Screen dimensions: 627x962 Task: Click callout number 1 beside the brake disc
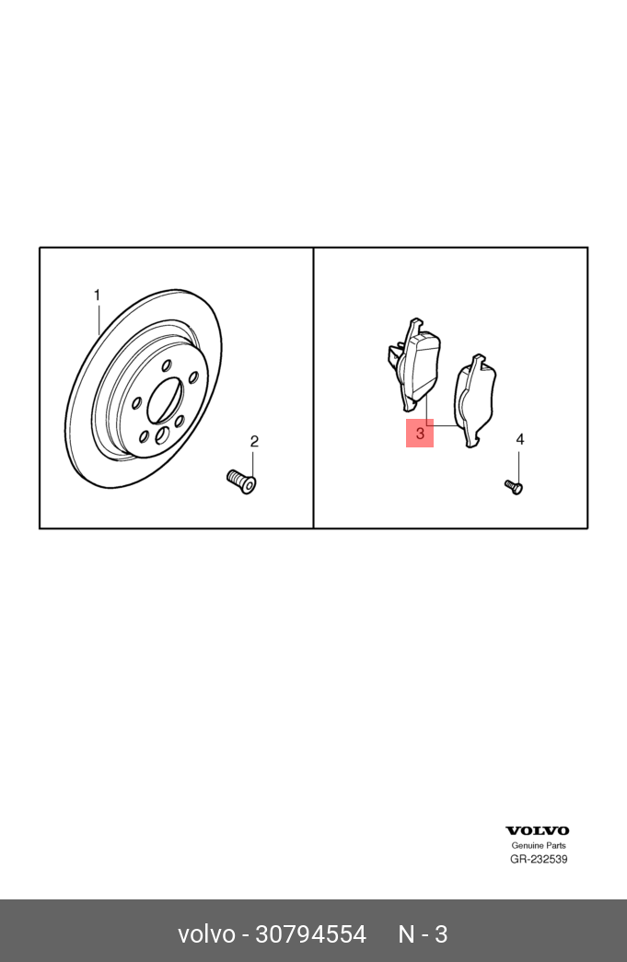pyautogui.click(x=97, y=296)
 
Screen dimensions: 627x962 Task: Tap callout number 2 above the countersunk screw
pyautogui.click(x=254, y=441)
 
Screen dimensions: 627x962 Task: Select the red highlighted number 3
pyautogui.click(x=420, y=434)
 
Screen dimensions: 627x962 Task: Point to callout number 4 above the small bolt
pyautogui.click(x=520, y=439)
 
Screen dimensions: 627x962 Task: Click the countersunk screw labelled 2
pyautogui.click(x=241, y=481)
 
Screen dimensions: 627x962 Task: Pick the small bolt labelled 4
pyautogui.click(x=514, y=487)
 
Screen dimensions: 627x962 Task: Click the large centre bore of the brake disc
pyautogui.click(x=166, y=400)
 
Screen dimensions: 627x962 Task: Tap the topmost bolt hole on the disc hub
pyautogui.click(x=166, y=366)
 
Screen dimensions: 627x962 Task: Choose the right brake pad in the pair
pyautogui.click(x=476, y=400)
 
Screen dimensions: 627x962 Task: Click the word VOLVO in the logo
pyautogui.click(x=538, y=830)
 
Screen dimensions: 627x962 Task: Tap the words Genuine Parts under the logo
pyautogui.click(x=539, y=845)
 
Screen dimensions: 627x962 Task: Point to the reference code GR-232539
pyautogui.click(x=539, y=859)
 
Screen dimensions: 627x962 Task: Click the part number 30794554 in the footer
pyautogui.click(x=310, y=934)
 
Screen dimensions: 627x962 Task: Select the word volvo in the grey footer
pyautogui.click(x=206, y=934)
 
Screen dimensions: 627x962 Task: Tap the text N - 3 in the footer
pyautogui.click(x=424, y=934)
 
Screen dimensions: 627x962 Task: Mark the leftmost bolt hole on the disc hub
pyautogui.click(x=137, y=403)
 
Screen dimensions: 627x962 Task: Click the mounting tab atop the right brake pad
pyautogui.click(x=477, y=361)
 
